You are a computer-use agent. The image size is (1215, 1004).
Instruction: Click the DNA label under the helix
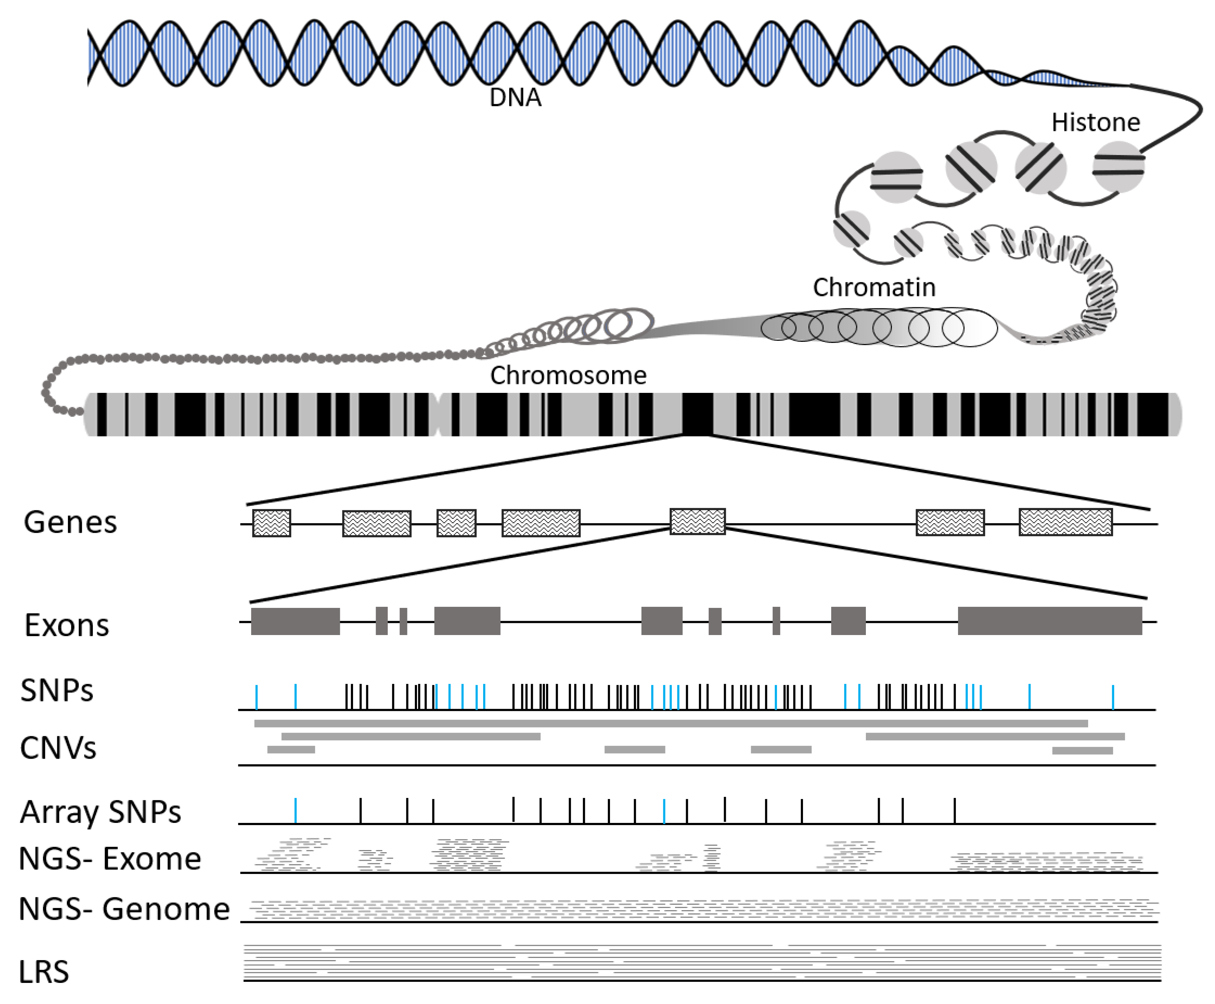click(515, 98)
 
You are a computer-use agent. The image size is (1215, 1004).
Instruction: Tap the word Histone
click(1095, 123)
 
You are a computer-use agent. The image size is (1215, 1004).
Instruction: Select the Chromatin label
click(874, 288)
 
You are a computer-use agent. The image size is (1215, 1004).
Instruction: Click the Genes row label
click(70, 522)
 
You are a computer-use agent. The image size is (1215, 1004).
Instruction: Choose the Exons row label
click(66, 625)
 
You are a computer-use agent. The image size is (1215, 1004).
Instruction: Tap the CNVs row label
click(58, 748)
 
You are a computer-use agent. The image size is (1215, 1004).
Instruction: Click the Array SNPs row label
click(100, 811)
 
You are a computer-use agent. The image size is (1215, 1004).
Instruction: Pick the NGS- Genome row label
click(124, 909)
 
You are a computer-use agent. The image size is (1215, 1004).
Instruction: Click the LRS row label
click(43, 971)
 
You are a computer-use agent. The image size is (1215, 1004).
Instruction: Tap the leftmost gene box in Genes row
click(271, 523)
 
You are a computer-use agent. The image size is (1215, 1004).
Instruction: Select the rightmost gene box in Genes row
click(1065, 522)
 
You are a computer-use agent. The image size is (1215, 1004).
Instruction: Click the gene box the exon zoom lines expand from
click(697, 522)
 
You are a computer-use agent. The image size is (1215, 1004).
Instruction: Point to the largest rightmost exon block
click(1050, 621)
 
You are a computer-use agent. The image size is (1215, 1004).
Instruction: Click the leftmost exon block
click(295, 621)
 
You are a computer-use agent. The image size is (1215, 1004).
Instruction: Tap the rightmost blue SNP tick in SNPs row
click(1112, 697)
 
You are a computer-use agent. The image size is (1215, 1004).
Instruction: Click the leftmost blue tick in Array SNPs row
click(296, 810)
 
